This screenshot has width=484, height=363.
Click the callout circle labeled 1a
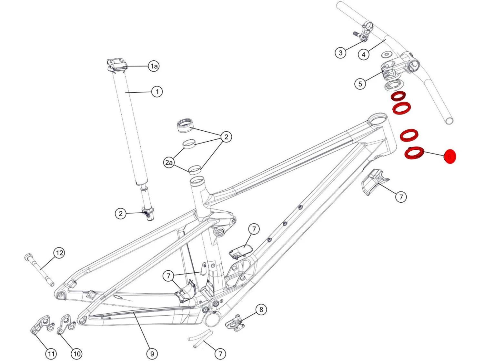tap(154, 66)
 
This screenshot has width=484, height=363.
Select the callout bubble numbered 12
tap(59, 253)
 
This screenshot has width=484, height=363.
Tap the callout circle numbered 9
tap(152, 354)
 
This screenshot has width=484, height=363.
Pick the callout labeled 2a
tap(169, 162)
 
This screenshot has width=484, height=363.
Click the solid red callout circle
tap(449, 157)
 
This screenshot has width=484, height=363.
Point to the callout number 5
tap(360, 84)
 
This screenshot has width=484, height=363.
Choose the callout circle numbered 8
tap(261, 310)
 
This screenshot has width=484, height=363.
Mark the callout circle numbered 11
tap(51, 354)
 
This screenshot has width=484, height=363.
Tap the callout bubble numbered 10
tap(76, 354)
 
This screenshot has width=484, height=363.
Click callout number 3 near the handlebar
tap(340, 53)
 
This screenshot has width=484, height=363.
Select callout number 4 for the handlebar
tap(364, 54)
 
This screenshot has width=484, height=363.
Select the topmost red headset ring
tap(398, 96)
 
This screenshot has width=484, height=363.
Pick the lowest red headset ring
tap(414, 153)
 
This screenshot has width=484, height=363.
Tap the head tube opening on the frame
tap(378, 118)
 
